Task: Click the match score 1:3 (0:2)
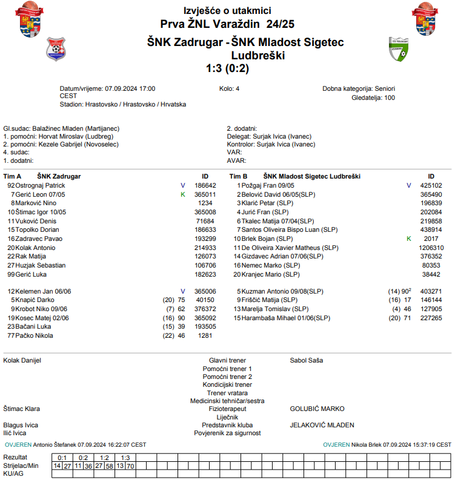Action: pos(227,68)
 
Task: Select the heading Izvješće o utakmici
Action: pos(227,11)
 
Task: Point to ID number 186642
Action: pos(205,185)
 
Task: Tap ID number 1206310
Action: pos(431,248)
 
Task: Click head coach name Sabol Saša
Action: pos(307,360)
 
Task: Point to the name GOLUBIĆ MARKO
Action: pos(317,409)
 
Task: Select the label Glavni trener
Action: pos(227,360)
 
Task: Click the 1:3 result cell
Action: pos(125,458)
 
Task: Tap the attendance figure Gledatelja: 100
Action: pos(373,97)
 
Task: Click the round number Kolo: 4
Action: pos(229,89)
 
